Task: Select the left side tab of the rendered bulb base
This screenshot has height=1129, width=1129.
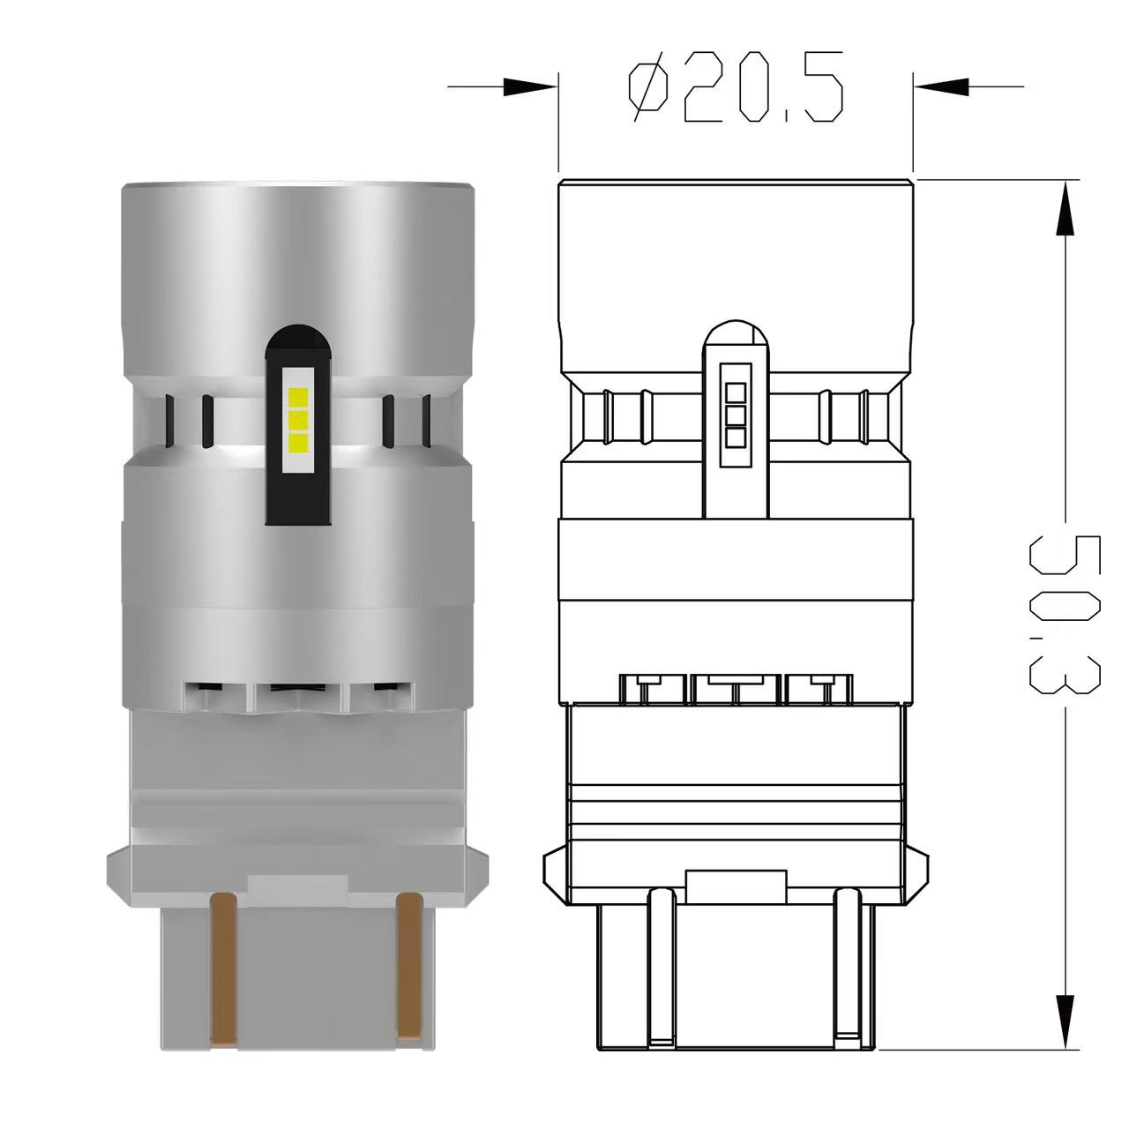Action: [x=116, y=869]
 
